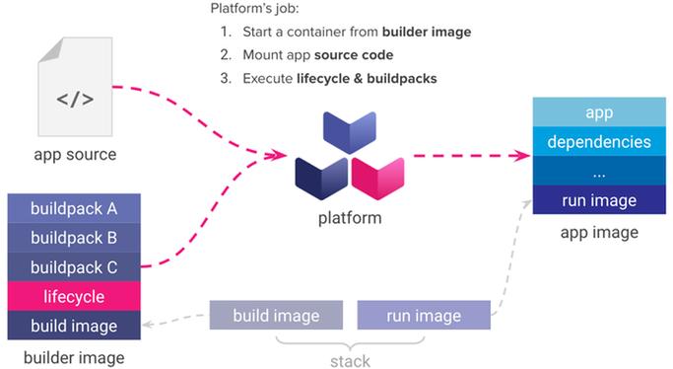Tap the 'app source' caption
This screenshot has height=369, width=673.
(x=75, y=154)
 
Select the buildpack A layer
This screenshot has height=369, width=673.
(x=74, y=208)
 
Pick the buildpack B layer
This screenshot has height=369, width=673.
(x=74, y=238)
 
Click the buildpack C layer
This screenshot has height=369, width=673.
(x=74, y=266)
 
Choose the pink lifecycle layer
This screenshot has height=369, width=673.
(x=74, y=296)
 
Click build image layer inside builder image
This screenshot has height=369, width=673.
(x=74, y=326)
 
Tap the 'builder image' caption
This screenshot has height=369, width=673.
(x=74, y=355)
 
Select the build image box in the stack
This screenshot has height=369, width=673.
(x=276, y=316)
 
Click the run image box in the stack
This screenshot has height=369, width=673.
(x=424, y=316)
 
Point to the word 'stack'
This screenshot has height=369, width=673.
(x=350, y=360)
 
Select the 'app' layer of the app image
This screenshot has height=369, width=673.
(x=598, y=112)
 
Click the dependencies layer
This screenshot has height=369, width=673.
(x=598, y=141)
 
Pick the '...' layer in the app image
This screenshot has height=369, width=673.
(x=598, y=171)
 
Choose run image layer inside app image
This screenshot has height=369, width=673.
(x=598, y=200)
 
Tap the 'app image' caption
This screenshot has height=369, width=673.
(x=598, y=233)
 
